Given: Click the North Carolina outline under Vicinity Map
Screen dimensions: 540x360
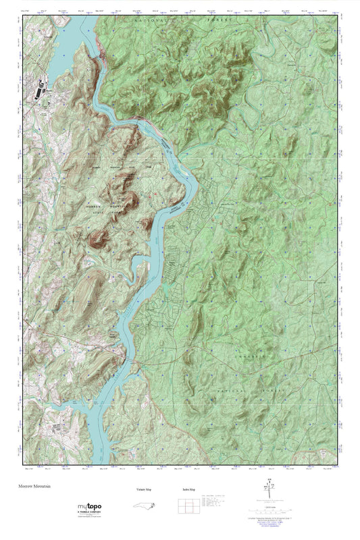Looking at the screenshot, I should pyautogui.click(x=140, y=506).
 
